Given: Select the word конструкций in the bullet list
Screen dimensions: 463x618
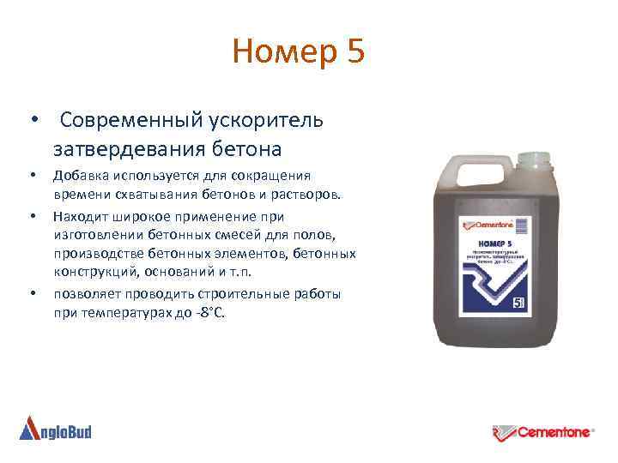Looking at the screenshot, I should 90,273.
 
